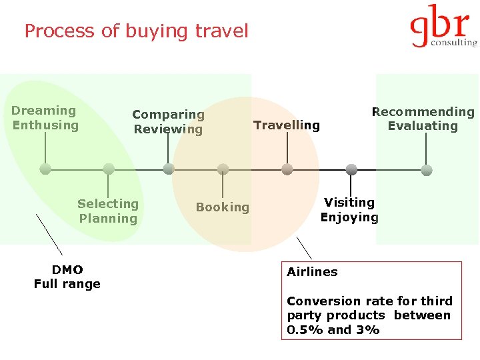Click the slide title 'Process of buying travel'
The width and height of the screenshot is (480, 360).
click(136, 31)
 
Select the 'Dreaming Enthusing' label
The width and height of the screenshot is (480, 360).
click(45, 118)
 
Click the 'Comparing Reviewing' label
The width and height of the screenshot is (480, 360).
click(168, 122)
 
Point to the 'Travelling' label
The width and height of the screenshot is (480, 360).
click(287, 125)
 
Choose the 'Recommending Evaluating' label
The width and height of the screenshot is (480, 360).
click(423, 119)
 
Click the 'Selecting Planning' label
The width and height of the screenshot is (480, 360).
click(108, 211)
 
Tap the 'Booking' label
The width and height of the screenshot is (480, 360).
click(223, 207)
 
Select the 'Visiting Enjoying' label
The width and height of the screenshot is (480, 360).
click(349, 209)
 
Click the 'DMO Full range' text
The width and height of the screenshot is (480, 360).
click(67, 277)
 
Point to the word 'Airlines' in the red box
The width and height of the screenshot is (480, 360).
click(312, 272)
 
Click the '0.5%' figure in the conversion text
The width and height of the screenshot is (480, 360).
click(299, 330)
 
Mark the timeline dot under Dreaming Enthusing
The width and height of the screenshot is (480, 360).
click(45, 169)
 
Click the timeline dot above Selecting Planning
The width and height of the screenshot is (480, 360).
click(109, 169)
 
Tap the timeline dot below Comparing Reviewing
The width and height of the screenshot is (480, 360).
click(169, 169)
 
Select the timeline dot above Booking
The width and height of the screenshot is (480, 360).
click(223, 169)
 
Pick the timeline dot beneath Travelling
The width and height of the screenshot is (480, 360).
click(287, 169)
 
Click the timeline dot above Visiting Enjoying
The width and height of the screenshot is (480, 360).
click(351, 169)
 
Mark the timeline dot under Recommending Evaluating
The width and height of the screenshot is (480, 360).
click(427, 170)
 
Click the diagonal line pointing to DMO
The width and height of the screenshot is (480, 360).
click(49, 234)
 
